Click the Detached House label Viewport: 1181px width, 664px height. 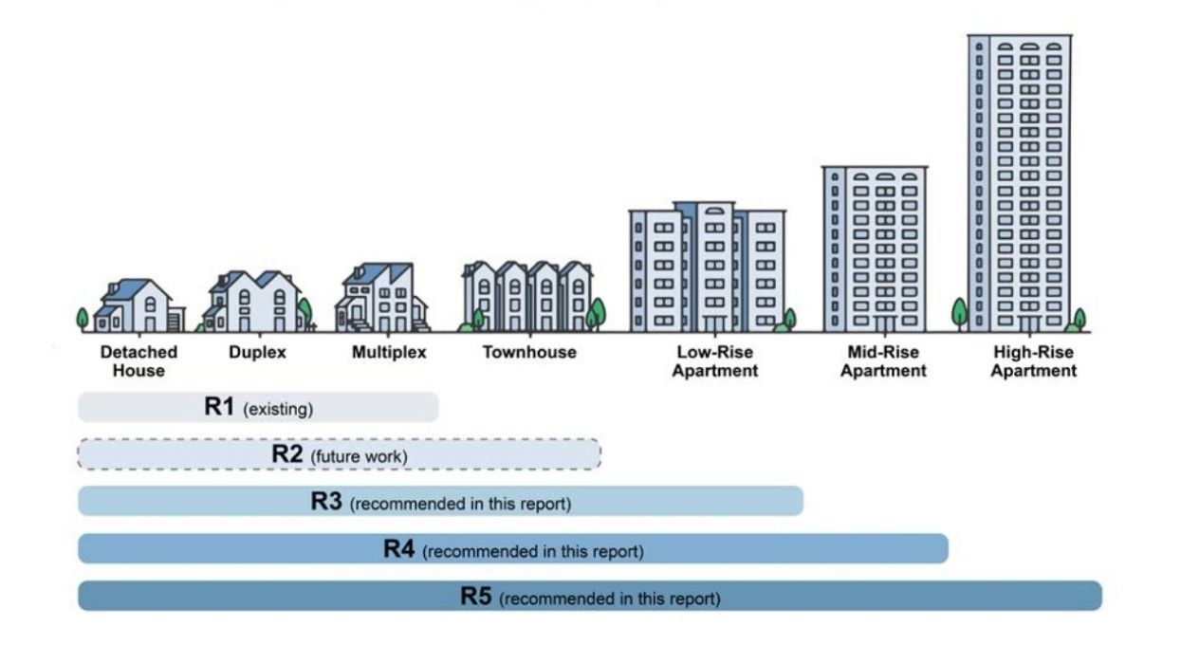coord(138,361)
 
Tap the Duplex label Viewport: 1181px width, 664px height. coord(257,353)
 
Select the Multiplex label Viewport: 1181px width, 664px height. coord(389,353)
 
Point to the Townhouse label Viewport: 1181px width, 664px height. coord(529,353)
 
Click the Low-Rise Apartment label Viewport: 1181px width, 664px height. coord(715,361)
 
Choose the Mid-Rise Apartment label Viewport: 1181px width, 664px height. coord(883,361)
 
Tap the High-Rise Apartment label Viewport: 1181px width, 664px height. coord(1033,361)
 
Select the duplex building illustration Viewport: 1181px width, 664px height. coord(255,302)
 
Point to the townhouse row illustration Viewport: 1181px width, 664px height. coord(527,296)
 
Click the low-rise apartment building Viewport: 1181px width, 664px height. coord(707,267)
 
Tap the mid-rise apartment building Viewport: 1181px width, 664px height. coord(875,249)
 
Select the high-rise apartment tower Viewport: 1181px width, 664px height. coord(1020,183)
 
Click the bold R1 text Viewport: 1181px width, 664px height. coord(219,407)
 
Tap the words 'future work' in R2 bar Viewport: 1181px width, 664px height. coord(360,457)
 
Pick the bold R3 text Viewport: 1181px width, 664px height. coord(326,502)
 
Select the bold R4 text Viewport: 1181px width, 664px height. coord(398,549)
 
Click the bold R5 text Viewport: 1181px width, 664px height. coord(476,597)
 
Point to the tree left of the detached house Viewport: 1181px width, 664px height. coord(83,319)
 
